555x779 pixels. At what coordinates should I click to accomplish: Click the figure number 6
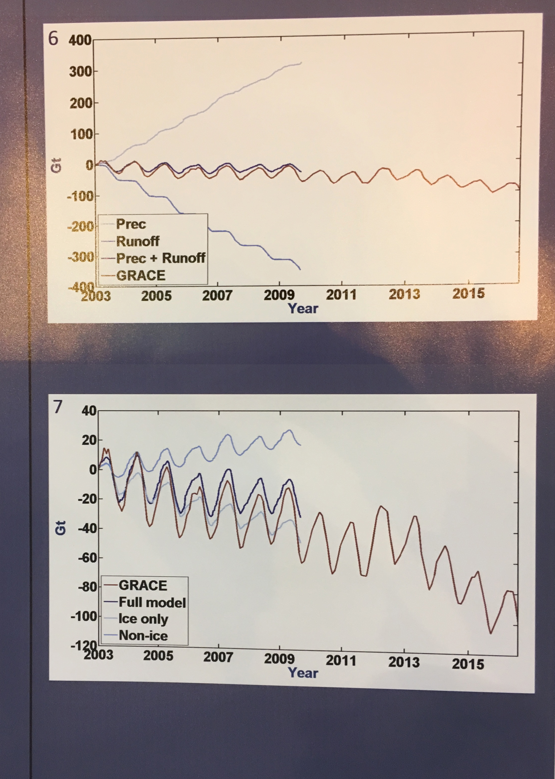(x=53, y=38)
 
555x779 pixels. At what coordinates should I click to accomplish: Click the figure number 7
(x=58, y=407)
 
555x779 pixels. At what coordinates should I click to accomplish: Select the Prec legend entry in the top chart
(x=131, y=224)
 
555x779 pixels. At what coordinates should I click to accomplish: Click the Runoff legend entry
(x=138, y=241)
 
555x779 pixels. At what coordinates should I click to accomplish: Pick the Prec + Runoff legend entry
(x=161, y=258)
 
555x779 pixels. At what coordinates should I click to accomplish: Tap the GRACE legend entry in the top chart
(x=141, y=275)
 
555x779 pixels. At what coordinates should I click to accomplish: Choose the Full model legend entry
(x=152, y=602)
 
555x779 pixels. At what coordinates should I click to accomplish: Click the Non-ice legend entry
(x=143, y=635)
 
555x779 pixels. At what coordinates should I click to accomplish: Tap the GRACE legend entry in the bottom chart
(x=143, y=585)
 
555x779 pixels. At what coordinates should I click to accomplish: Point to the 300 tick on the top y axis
(x=80, y=72)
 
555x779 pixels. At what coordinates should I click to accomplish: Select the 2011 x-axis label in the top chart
(x=341, y=295)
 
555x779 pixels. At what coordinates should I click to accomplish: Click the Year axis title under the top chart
(x=303, y=309)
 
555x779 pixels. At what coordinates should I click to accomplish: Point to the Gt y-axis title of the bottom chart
(x=60, y=528)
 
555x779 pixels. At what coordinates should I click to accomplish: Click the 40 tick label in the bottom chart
(x=89, y=411)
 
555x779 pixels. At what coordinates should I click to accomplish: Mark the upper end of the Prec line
(x=301, y=62)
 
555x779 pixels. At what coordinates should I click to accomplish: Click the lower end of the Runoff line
(x=300, y=269)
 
